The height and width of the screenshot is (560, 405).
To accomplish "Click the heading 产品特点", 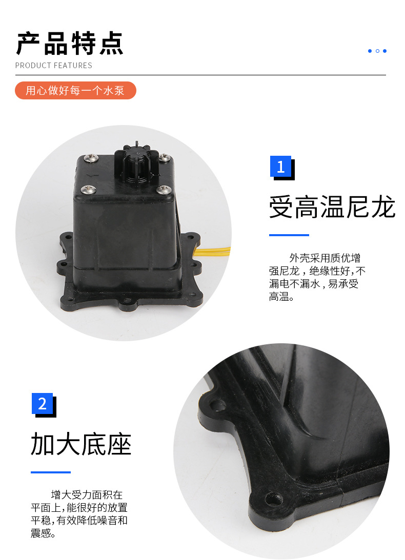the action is point(70,44).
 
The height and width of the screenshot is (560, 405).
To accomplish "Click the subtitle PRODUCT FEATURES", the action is point(54,66).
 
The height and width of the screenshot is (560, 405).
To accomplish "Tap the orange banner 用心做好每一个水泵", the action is point(75,90).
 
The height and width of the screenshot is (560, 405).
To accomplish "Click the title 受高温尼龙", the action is point(332,207).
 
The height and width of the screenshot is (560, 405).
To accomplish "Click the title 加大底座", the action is point(81,444).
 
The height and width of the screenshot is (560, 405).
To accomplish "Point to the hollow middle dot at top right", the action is point(377,51).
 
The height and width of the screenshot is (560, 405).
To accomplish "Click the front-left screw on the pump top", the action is point(88,189).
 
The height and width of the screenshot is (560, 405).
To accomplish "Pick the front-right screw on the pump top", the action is point(164,189).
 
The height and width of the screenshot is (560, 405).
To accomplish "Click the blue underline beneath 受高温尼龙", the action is point(289,235).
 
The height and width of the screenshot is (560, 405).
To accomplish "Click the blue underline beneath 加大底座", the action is point(51,472).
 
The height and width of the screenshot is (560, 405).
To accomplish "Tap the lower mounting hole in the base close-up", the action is point(274,499).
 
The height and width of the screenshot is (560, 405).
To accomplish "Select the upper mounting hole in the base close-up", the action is point(217,405).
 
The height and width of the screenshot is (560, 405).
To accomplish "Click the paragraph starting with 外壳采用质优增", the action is point(317,277).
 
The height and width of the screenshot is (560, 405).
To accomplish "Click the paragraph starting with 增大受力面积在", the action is point(79,514).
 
